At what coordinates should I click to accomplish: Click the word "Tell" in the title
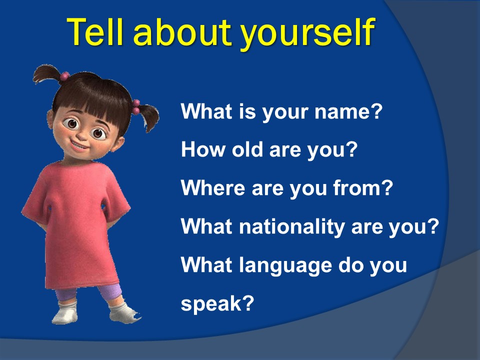pyautogui.click(x=95, y=32)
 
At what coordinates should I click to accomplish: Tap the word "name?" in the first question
pyautogui.click(x=348, y=111)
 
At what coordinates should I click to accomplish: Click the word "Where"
pyautogui.click(x=213, y=187)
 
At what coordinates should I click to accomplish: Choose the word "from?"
pyautogui.click(x=363, y=187)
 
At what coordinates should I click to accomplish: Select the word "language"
pyautogui.click(x=285, y=265)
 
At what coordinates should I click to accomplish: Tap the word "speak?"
pyautogui.click(x=217, y=304)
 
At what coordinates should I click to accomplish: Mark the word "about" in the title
pyautogui.click(x=182, y=32)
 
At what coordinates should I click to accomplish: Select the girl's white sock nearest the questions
pyautogui.click(x=122, y=312)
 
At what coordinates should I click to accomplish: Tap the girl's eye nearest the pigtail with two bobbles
pyautogui.click(x=98, y=133)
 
